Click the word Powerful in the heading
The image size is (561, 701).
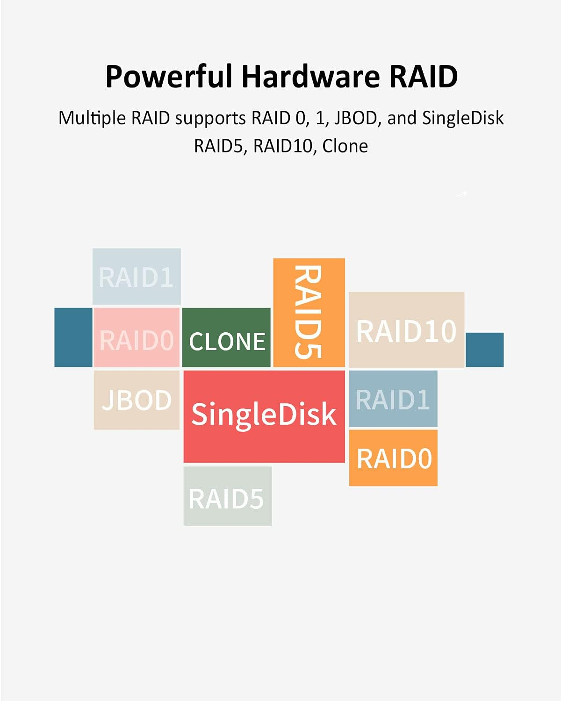pyautogui.click(x=169, y=76)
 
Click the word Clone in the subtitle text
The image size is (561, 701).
pyautogui.click(x=345, y=146)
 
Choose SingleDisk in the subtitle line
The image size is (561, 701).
pyautogui.click(x=463, y=118)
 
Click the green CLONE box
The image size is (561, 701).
pyautogui.click(x=226, y=338)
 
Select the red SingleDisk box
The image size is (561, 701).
pyautogui.click(x=264, y=416)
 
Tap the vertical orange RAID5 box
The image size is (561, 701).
pyautogui.click(x=309, y=312)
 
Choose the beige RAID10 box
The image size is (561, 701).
pyautogui.click(x=406, y=330)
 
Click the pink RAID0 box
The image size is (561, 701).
pyautogui.click(x=137, y=337)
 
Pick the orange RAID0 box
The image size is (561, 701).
pyautogui.click(x=393, y=458)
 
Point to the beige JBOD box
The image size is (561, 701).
pyautogui.click(x=137, y=400)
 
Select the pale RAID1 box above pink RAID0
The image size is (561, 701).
pyautogui.click(x=137, y=277)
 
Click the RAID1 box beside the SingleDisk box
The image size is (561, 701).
pyautogui.click(x=393, y=399)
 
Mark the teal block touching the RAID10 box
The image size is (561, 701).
pyautogui.click(x=485, y=350)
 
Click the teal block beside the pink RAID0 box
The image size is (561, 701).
pyautogui.click(x=73, y=337)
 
